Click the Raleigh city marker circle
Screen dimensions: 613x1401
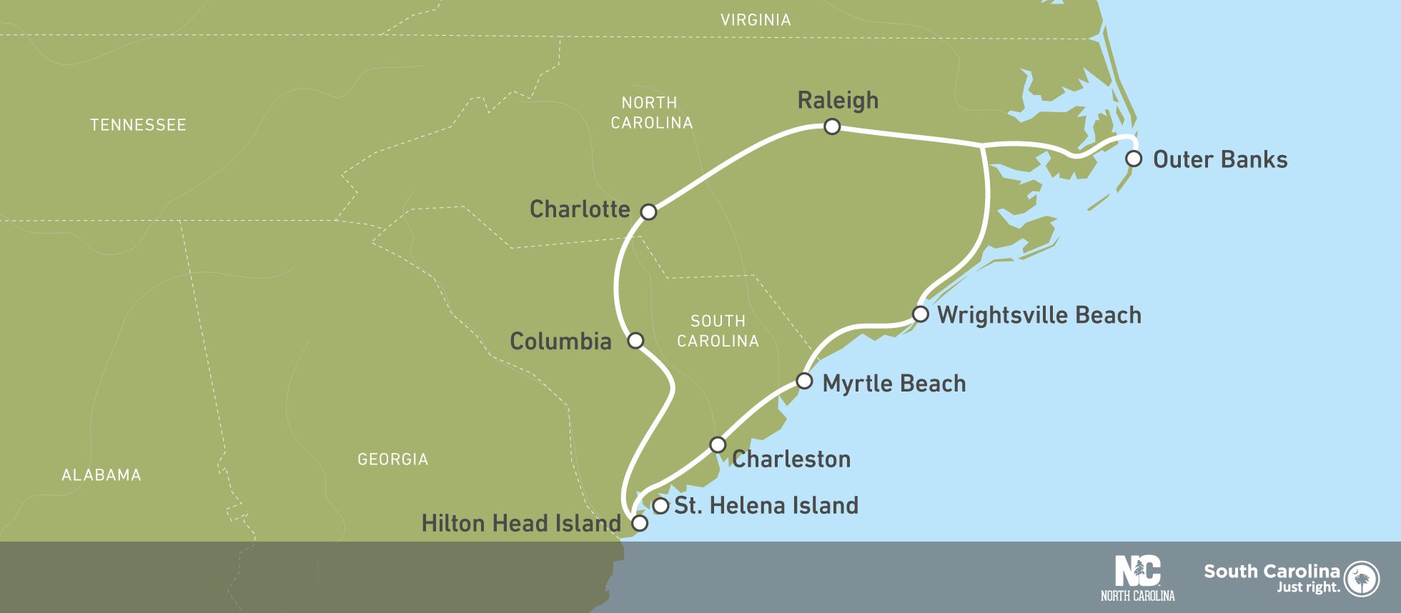(x=831, y=127)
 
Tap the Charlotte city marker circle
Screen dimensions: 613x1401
(x=648, y=211)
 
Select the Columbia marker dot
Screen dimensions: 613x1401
(x=635, y=340)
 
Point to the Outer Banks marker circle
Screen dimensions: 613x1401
(x=1133, y=159)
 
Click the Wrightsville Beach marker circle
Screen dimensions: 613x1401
(x=921, y=314)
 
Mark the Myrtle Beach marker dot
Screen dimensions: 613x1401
(x=804, y=381)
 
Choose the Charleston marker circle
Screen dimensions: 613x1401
(x=717, y=444)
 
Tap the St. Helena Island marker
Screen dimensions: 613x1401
(x=661, y=506)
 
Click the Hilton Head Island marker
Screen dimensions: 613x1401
(x=640, y=523)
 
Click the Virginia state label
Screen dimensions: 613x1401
(x=756, y=20)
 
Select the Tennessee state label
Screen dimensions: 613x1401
(x=138, y=125)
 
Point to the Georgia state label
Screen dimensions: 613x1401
(x=392, y=459)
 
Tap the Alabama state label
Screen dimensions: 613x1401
(x=102, y=475)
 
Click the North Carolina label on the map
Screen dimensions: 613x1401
(x=651, y=113)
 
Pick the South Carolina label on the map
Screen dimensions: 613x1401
(x=718, y=331)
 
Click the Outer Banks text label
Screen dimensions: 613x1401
(x=1219, y=159)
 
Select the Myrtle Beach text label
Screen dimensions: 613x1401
(x=893, y=384)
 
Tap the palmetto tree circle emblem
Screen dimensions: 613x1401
(x=1362, y=578)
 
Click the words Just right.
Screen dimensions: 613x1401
(x=1308, y=587)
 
